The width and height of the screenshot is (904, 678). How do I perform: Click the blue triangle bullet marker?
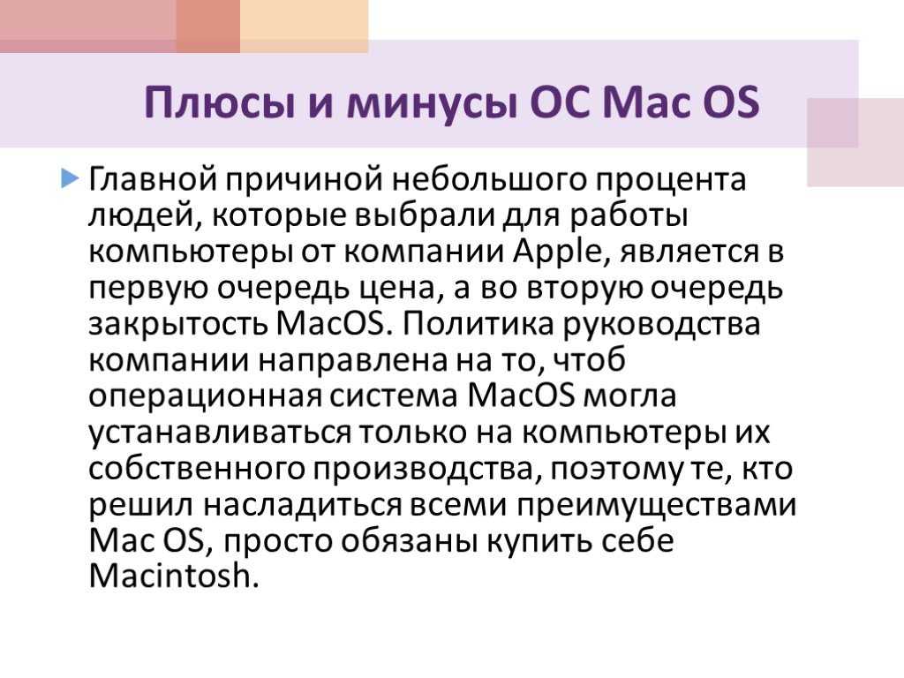click(x=69, y=178)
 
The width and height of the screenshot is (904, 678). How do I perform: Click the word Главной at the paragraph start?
click(x=153, y=180)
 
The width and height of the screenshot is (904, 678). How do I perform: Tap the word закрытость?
click(x=178, y=325)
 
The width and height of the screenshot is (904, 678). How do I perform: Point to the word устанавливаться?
click(x=220, y=433)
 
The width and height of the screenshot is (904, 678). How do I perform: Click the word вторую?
click(x=584, y=290)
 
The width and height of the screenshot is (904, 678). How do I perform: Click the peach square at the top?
click(x=305, y=26)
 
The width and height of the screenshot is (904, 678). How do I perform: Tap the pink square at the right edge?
click(x=855, y=142)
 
